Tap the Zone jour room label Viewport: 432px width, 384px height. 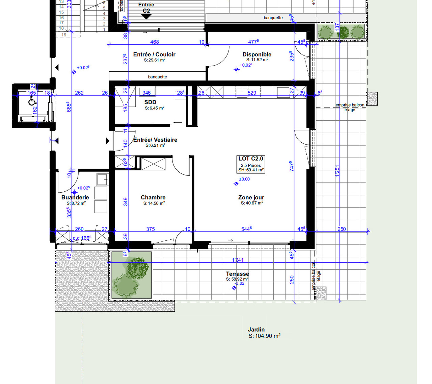251,197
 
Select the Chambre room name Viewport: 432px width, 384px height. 153,197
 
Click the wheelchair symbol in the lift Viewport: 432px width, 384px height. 32,101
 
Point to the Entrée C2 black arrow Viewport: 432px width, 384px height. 146,17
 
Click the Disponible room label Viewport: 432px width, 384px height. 257,54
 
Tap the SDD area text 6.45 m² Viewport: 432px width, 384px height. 155,108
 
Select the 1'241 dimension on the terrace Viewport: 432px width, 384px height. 238,260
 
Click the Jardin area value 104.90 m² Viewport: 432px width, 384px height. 265,336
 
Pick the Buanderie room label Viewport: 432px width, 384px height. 75,197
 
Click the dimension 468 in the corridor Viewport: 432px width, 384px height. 155,42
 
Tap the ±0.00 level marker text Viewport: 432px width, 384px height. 244,179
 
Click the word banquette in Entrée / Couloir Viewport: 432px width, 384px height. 157,77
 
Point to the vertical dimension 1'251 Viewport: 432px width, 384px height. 337,171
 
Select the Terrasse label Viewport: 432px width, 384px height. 237,274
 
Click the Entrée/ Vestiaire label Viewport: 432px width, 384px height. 155,140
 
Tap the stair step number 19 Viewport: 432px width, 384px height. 64,35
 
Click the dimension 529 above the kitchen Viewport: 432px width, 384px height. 252,93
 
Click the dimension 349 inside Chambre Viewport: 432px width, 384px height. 126,202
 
